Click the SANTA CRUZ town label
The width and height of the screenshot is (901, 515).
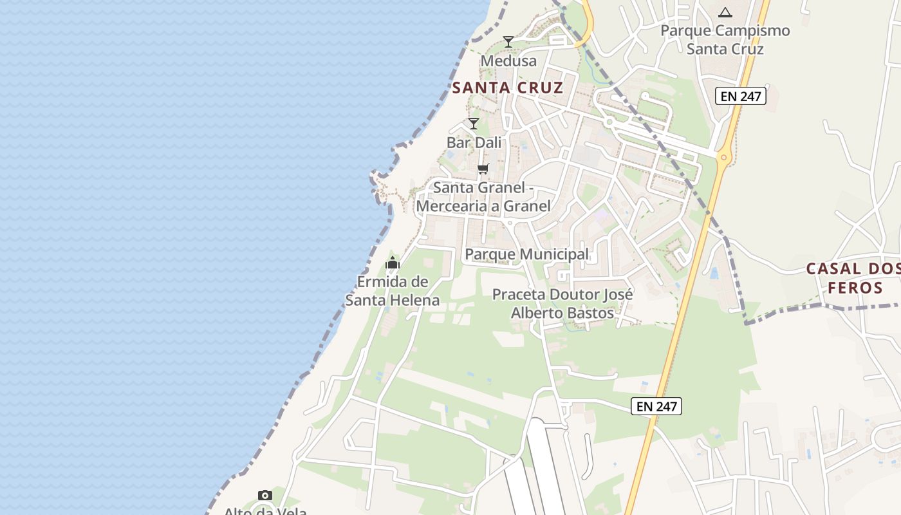coord(508,88)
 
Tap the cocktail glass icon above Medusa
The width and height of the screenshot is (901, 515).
coord(508,42)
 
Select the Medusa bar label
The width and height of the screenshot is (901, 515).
coord(508,61)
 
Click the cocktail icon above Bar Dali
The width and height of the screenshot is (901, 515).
coord(474,123)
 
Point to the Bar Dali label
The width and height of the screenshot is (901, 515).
coord(474,142)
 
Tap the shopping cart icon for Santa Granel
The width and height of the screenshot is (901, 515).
coord(483,169)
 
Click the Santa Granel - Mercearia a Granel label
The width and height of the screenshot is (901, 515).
coord(483,197)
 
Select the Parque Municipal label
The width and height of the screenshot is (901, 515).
coord(526,254)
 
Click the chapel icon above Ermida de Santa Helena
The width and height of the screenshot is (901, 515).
coord(393,263)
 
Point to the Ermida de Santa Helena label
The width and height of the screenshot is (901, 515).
coord(393,291)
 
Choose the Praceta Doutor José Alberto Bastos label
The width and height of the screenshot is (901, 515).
coord(562,304)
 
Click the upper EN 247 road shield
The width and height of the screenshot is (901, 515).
coord(741,97)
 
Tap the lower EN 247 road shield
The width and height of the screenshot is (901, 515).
coord(656,406)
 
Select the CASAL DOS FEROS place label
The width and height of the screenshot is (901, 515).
coord(854,278)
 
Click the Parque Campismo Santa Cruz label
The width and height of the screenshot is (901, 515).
coord(725,40)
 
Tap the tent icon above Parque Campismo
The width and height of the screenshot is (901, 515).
coord(725,12)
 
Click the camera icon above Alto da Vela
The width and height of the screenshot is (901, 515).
coord(265,495)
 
